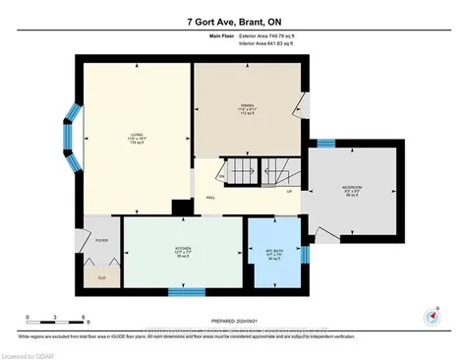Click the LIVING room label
tap(136, 138)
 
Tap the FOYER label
tap(102, 239)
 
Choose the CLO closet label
tap(102, 277)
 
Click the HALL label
tap(210, 197)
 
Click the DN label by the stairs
tap(222, 177)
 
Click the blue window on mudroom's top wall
tap(352, 144)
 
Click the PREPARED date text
tap(235, 321)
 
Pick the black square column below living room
tap(181, 208)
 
